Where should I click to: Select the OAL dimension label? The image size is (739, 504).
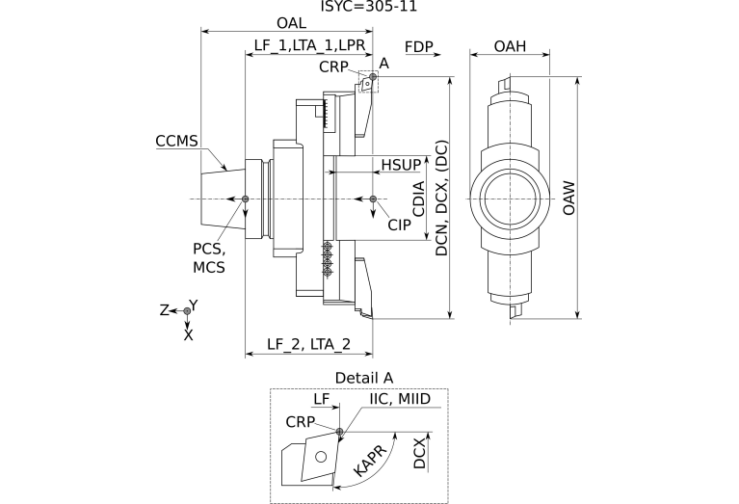[291, 22]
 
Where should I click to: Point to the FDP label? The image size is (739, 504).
[418, 45]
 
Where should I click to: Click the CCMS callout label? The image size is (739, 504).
[176, 142]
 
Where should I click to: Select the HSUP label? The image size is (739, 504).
[401, 165]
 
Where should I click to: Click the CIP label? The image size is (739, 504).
[400, 224]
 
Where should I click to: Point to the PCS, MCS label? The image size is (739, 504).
[209, 257]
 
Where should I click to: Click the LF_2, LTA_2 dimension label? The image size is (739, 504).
[308, 344]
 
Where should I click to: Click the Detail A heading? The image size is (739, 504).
[364, 377]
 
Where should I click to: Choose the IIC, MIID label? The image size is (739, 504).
[399, 399]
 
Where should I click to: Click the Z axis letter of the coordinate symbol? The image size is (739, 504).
[165, 311]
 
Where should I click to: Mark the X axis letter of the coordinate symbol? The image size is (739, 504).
[188, 335]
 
